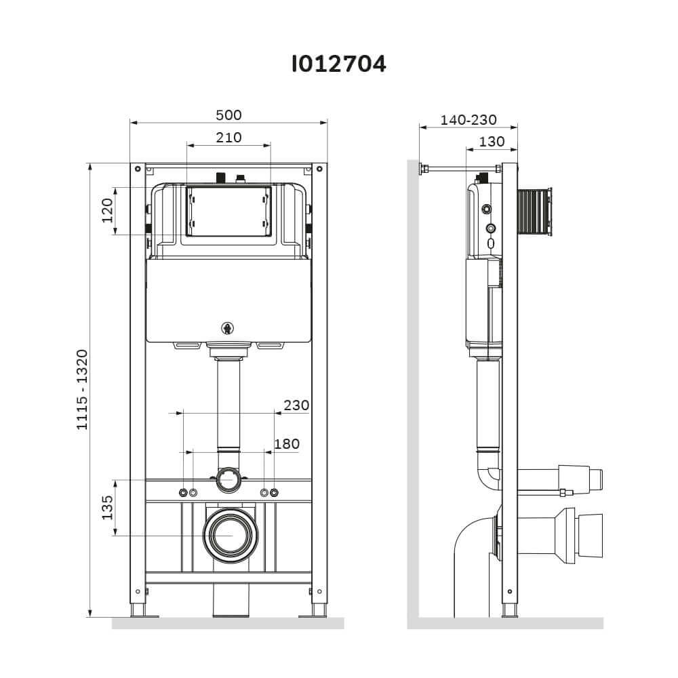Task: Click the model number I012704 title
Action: [338, 64]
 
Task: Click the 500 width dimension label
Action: [228, 115]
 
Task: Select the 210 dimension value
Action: [228, 138]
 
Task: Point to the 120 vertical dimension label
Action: [107, 211]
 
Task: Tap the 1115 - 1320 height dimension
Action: [82, 390]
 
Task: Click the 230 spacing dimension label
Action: [297, 405]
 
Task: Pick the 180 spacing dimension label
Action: [287, 443]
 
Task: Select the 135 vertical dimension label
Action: [107, 507]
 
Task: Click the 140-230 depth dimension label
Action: [468, 120]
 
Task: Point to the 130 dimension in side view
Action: [492, 142]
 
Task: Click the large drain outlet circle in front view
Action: [228, 536]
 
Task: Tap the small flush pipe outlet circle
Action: [228, 480]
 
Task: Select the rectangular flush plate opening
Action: [228, 212]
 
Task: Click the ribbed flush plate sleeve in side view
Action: [534, 212]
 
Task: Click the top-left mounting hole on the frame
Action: [138, 169]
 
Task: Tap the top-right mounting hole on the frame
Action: [319, 169]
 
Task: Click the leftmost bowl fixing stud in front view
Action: [183, 492]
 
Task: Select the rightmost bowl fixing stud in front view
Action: [274, 492]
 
